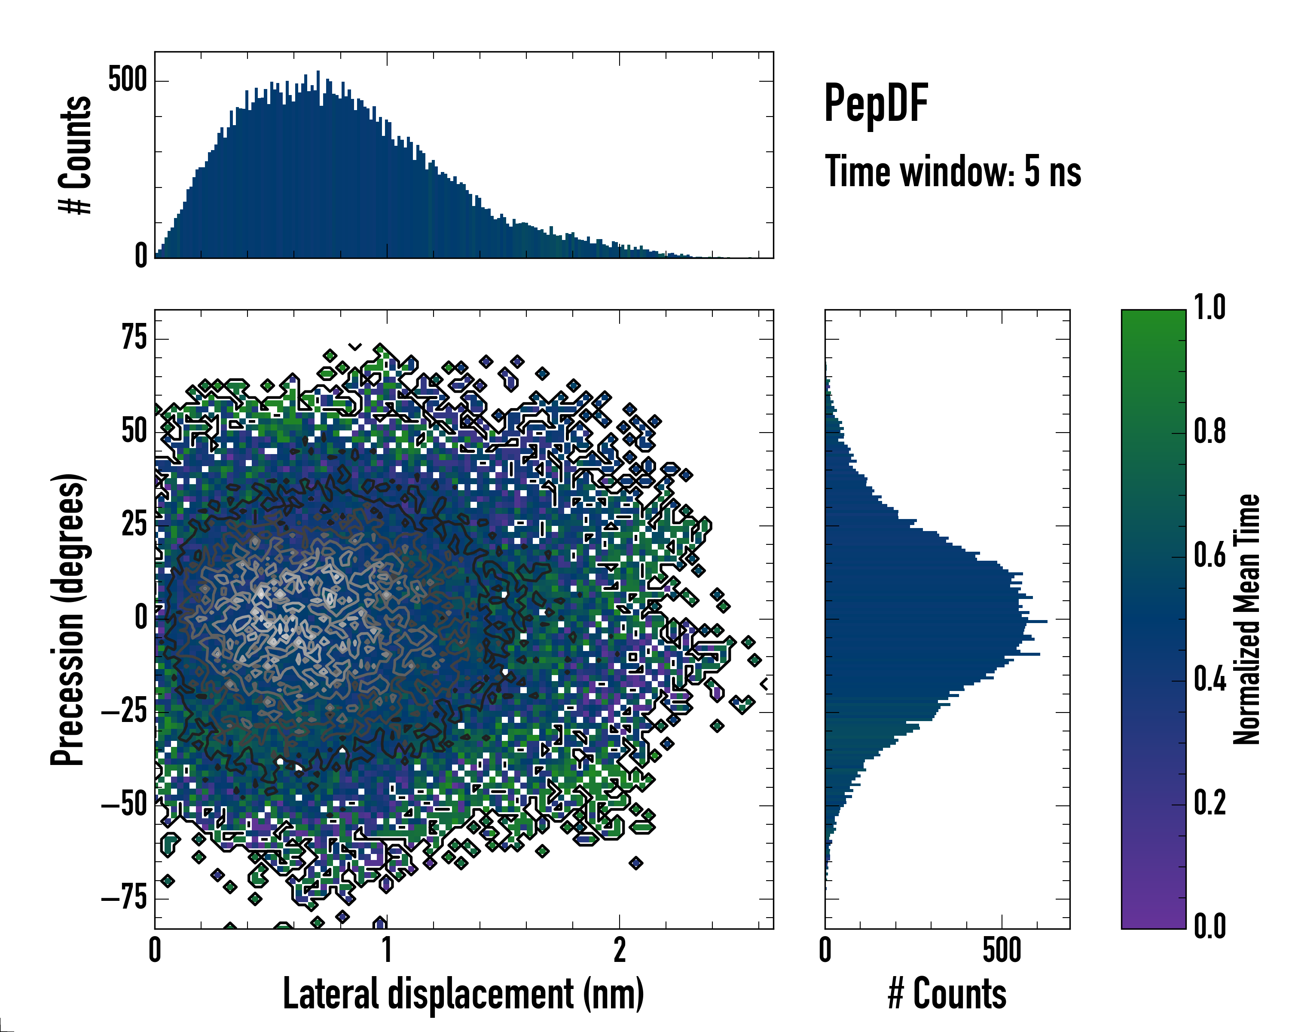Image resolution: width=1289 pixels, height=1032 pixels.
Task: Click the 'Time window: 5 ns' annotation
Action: point(953,172)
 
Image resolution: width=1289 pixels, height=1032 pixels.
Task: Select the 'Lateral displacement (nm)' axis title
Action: point(463,993)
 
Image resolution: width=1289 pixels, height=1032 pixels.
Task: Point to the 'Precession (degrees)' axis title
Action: point(67,619)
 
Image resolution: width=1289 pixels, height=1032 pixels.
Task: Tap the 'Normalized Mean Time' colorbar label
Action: point(1246,619)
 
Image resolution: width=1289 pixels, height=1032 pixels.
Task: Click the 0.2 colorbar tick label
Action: point(1210,803)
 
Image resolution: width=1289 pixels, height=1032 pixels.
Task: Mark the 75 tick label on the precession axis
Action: point(134,338)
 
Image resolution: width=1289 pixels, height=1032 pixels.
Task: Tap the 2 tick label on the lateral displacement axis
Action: point(620,950)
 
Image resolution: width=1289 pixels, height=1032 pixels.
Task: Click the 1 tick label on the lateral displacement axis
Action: point(387,950)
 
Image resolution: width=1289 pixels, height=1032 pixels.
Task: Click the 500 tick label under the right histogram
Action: point(1002,950)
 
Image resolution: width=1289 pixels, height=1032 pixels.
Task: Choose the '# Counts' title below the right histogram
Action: point(947,993)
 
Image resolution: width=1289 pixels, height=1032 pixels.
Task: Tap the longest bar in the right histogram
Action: point(936,622)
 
